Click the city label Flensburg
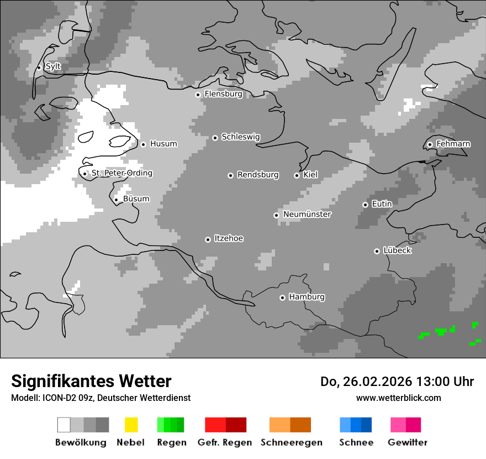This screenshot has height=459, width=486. [223, 94]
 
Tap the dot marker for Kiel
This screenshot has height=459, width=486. [297, 175]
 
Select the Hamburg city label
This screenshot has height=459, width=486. [307, 297]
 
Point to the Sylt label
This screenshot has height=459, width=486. [53, 67]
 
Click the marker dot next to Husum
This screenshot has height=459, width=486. [143, 144]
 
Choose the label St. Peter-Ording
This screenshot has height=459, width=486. [121, 173]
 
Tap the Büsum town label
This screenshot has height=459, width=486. [136, 199]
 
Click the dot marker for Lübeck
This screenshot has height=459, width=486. [377, 251]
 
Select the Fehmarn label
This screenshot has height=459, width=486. [453, 144]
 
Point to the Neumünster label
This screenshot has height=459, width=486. [307, 215]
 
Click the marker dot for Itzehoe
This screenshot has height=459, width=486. [208, 239]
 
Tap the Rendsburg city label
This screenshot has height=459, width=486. [258, 175]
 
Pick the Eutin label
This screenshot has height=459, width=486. [382, 204]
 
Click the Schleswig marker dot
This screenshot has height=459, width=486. [215, 138]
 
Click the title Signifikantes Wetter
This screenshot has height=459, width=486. [91, 381]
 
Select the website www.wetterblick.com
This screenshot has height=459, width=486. [398, 398]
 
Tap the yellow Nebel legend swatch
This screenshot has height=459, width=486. [131, 425]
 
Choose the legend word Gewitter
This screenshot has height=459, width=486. [407, 442]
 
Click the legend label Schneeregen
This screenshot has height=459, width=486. [291, 442]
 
